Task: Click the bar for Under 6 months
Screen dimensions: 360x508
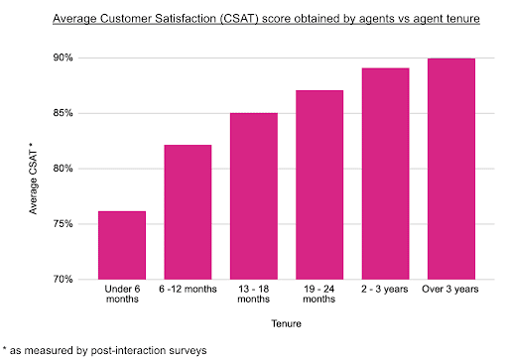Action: pyautogui.click(x=122, y=245)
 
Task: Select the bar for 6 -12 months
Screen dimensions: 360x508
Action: pyautogui.click(x=187, y=212)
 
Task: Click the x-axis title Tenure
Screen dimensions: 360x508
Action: pyautogui.click(x=287, y=322)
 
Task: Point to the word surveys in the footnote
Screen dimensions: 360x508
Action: pyautogui.click(x=188, y=349)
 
